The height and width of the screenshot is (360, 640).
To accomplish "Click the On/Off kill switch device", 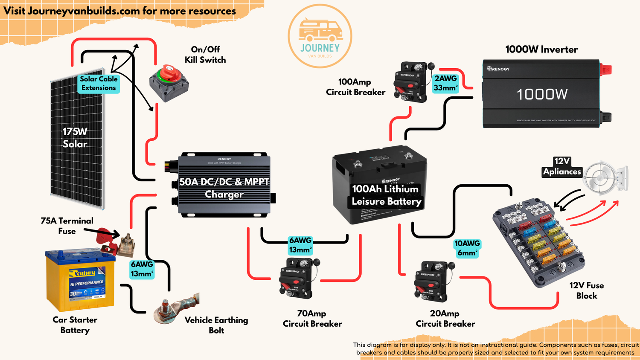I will (x=169, y=83).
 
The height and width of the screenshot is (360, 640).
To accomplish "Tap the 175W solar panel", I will (x=77, y=139).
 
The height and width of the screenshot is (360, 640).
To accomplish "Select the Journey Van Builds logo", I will (x=320, y=36).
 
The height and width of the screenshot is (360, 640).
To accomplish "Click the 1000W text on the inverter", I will (x=542, y=94).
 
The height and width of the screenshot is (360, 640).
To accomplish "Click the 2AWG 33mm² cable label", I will (x=445, y=83).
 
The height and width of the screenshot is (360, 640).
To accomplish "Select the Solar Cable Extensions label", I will (x=99, y=84).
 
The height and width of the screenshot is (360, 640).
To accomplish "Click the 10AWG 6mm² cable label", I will (x=467, y=248).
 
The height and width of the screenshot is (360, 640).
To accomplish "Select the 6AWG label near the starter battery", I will (x=142, y=269).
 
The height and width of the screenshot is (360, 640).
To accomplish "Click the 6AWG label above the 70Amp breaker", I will (x=300, y=245).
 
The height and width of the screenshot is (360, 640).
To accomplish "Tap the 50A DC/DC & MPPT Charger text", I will (x=224, y=188).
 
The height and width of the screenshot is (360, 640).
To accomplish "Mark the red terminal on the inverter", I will (x=606, y=69).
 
